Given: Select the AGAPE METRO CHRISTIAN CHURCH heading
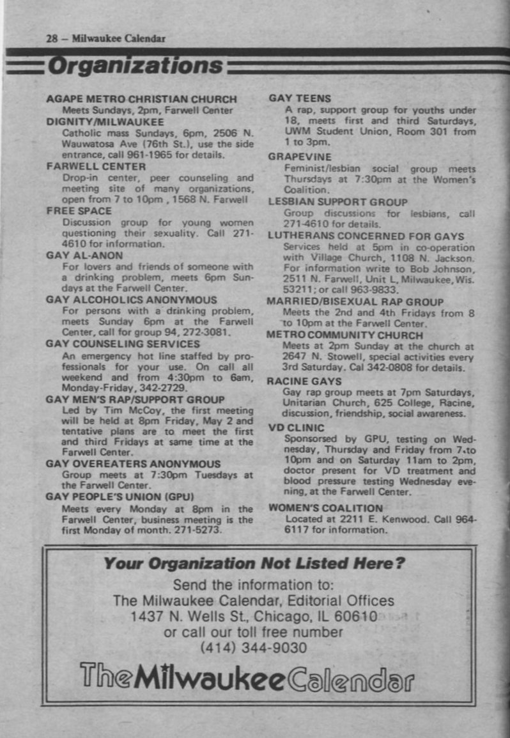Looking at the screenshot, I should click(x=141, y=99).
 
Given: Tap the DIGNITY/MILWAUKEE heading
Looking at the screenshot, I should click(x=105, y=121).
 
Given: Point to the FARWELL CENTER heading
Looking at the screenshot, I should click(x=96, y=166).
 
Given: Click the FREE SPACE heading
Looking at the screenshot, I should click(x=79, y=211).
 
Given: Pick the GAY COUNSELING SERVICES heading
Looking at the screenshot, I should click(x=123, y=344).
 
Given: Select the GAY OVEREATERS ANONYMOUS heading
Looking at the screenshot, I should click(x=133, y=464).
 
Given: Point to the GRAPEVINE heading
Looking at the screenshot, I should click(x=300, y=157).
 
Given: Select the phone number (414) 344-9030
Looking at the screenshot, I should click(x=254, y=648).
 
